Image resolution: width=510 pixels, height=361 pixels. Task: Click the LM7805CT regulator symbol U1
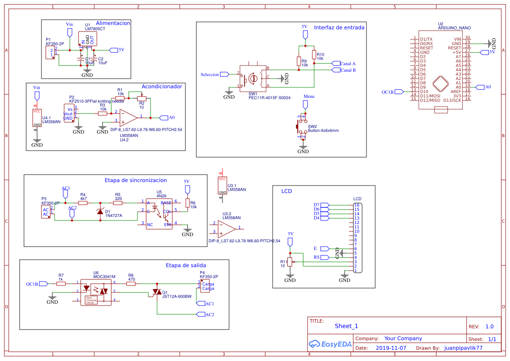click(x=87, y=39)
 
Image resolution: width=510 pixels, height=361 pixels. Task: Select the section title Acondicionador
click(x=162, y=86)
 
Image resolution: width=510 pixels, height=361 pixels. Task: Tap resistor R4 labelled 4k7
click(x=83, y=203)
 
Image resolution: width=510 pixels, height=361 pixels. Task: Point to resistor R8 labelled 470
click(x=131, y=283)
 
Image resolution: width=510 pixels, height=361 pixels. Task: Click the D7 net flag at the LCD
click(x=326, y=205)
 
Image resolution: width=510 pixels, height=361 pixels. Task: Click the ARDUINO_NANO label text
click(x=453, y=28)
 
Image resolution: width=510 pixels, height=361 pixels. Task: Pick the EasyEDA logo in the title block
click(x=330, y=344)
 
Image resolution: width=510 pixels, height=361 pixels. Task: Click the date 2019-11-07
click(x=390, y=348)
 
